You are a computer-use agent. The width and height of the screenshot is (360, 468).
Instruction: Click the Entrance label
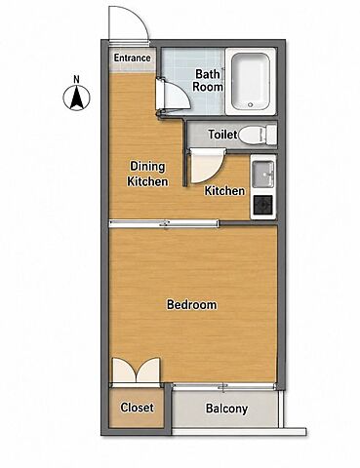click(133, 58)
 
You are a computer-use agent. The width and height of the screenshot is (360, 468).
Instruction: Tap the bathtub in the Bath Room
click(251, 81)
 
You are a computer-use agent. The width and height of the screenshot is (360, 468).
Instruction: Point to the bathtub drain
click(250, 105)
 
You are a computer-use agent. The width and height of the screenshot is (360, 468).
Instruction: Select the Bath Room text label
click(208, 80)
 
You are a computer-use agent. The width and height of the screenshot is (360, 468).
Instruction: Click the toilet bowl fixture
click(258, 134)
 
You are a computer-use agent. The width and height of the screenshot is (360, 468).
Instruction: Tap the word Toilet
click(222, 135)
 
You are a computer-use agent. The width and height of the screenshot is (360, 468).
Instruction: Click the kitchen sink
click(263, 174)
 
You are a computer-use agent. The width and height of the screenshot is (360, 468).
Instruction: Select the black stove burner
click(263, 206)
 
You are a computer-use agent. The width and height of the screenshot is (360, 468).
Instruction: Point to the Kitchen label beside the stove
click(224, 191)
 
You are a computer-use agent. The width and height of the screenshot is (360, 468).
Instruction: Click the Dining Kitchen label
click(147, 174)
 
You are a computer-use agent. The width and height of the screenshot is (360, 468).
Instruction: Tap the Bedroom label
click(192, 305)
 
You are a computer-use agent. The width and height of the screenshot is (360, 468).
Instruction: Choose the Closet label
click(137, 408)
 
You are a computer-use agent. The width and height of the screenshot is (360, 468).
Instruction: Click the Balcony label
click(226, 409)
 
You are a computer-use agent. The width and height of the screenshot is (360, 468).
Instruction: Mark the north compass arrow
click(76, 97)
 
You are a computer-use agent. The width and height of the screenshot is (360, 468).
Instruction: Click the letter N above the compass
click(76, 79)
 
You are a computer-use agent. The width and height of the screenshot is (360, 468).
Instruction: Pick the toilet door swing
click(207, 166)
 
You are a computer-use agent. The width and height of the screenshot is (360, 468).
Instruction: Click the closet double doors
click(137, 370)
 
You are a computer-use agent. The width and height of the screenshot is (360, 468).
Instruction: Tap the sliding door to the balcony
click(223, 386)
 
